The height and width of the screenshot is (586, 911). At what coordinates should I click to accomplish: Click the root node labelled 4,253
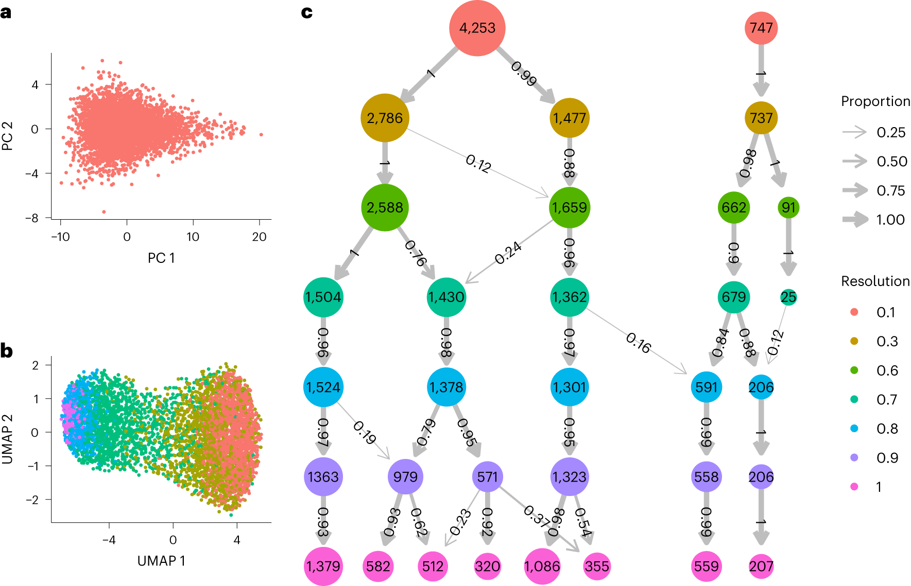pyautogui.click(x=477, y=28)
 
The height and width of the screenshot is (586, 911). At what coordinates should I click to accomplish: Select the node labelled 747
pyautogui.click(x=761, y=28)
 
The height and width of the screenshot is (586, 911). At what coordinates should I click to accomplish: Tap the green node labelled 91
pyautogui.click(x=788, y=207)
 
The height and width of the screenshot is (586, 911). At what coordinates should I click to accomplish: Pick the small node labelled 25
pyautogui.click(x=788, y=297)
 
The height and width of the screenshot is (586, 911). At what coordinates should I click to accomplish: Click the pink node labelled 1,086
pyautogui.click(x=542, y=566)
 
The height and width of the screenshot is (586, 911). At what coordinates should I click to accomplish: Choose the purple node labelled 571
pyautogui.click(x=487, y=477)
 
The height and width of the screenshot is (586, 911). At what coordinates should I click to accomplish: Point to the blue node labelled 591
pyautogui.click(x=706, y=387)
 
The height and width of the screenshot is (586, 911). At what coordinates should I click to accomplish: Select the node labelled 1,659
pyautogui.click(x=569, y=207)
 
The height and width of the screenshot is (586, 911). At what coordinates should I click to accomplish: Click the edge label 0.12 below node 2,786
pyautogui.click(x=478, y=164)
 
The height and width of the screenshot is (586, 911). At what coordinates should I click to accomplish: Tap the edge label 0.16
pyautogui.click(x=638, y=343)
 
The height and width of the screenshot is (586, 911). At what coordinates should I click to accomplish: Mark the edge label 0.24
pyautogui.click(x=508, y=253)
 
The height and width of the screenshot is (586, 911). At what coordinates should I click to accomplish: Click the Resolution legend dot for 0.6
pyautogui.click(x=854, y=370)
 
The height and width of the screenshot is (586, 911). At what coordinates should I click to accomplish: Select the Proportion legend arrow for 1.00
pyautogui.click(x=855, y=220)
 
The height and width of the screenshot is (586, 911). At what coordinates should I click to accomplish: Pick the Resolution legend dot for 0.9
pyautogui.click(x=854, y=457)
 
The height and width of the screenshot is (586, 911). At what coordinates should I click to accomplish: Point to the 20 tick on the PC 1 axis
pyautogui.click(x=259, y=237)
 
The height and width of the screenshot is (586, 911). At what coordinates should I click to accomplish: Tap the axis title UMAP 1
pyautogui.click(x=161, y=561)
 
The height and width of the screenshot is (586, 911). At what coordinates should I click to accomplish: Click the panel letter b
pyautogui.click(x=7, y=351)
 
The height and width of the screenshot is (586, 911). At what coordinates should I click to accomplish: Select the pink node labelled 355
pyautogui.click(x=597, y=566)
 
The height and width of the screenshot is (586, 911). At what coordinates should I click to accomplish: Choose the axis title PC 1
pyautogui.click(x=161, y=258)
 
